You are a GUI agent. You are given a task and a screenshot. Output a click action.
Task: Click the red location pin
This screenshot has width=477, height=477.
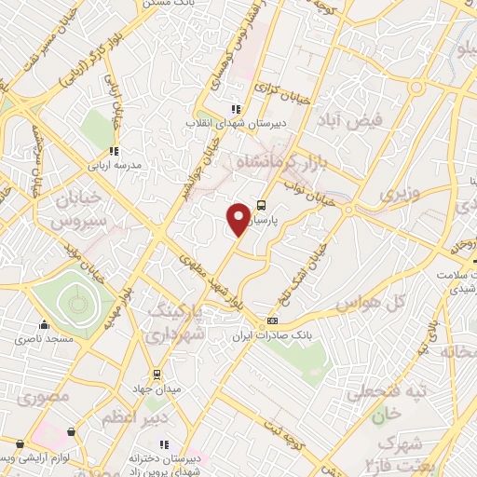tap(238, 218)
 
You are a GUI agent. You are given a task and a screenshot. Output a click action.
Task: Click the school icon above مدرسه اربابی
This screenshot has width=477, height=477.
tap(114, 151)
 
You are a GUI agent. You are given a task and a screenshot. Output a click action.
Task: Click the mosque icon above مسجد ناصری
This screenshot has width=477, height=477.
tap(44, 326)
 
